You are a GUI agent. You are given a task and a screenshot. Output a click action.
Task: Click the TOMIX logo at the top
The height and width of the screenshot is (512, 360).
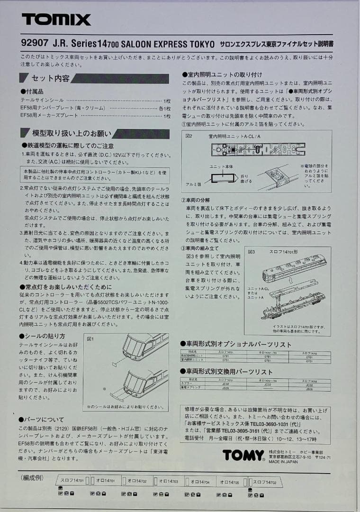point(56,19)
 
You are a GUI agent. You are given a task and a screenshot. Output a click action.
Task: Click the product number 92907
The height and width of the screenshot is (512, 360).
point(31,44)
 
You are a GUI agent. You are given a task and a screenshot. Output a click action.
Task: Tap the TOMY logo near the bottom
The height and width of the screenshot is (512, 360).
point(243,456)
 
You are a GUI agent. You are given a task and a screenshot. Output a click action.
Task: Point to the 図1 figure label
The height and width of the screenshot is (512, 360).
point(90,339)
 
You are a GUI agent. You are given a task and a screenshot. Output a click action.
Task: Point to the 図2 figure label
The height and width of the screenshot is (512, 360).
point(189,136)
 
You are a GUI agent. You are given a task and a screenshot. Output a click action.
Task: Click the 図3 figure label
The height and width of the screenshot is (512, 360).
point(251,252)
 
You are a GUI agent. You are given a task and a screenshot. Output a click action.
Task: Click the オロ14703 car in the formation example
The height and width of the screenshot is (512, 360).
point(169,481)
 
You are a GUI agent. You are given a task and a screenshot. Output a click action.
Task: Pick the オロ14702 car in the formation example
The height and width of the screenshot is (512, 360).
point(137,481)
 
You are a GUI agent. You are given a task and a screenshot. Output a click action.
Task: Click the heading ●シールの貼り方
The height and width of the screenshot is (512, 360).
point(42,336)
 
